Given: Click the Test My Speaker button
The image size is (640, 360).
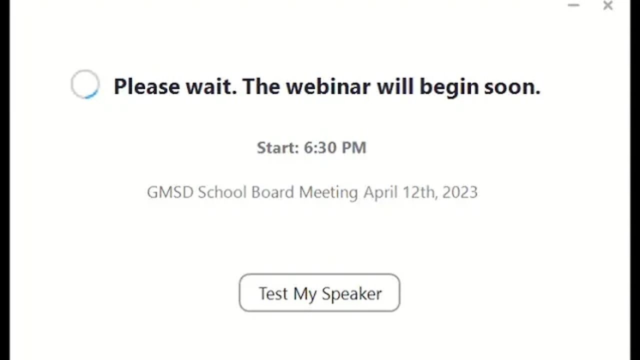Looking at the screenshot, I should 319,293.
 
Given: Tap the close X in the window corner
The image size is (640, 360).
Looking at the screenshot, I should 608,5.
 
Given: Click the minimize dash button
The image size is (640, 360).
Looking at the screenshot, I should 573,5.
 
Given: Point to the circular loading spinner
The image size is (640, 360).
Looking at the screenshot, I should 85,84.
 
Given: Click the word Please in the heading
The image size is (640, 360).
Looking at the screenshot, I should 147,87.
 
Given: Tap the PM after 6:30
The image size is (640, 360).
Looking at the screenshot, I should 354,148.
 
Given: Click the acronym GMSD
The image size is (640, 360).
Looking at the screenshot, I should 170,192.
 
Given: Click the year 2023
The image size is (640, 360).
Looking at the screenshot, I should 459,192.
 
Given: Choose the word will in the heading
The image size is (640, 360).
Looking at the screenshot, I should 395,87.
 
